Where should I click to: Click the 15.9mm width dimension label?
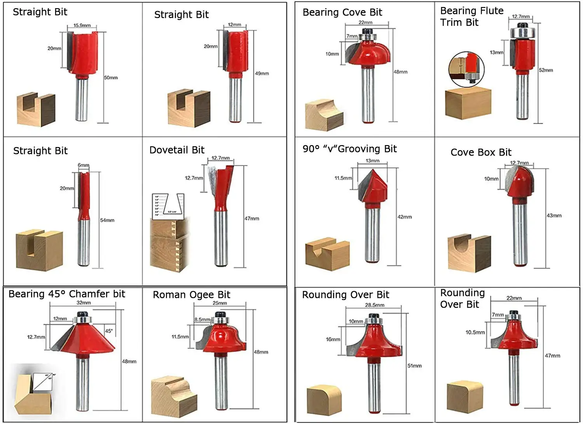pyautogui.click(x=82, y=26)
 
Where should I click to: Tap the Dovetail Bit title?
pyautogui.click(x=177, y=150)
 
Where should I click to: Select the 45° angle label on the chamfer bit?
pyautogui.click(x=109, y=331)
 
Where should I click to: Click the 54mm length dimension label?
pyautogui.click(x=107, y=220)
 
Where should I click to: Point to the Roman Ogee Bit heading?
pyautogui.click(x=191, y=295)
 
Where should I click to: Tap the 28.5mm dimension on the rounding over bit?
pyautogui.click(x=374, y=305)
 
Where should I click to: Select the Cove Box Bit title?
pyautogui.click(x=481, y=152)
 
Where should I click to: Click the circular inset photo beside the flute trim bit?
pyautogui.click(x=466, y=69)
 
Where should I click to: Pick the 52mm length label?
pyautogui.click(x=546, y=70)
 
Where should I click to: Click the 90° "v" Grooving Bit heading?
pyautogui.click(x=349, y=149)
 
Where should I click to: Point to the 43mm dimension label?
pyautogui.click(x=554, y=216)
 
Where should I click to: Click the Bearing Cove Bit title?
pyautogui.click(x=342, y=12)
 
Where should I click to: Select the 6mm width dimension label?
pyautogui.click(x=83, y=165)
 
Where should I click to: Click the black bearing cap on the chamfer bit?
pyautogui.click(x=82, y=314)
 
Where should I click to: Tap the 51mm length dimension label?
pyautogui.click(x=414, y=366)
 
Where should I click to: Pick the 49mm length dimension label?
pyautogui.click(x=262, y=74)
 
